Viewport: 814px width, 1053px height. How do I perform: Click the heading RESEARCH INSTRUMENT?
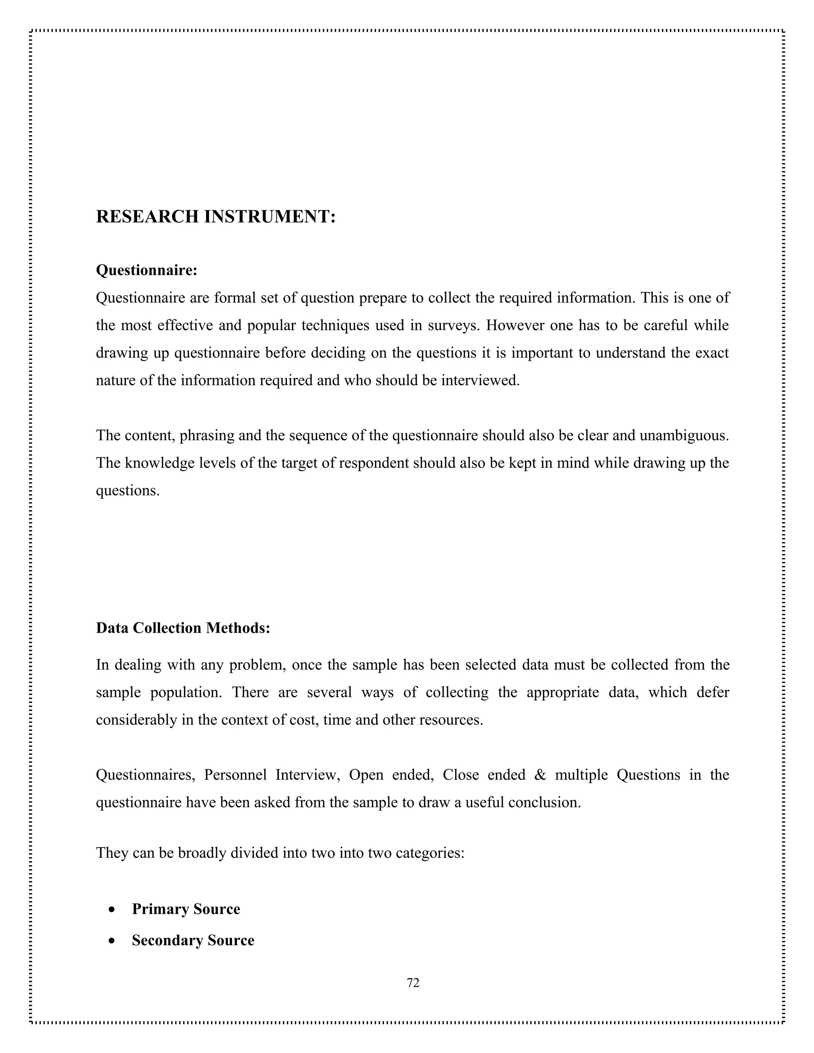(x=215, y=217)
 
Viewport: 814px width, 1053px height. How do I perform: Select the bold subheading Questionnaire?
(x=147, y=270)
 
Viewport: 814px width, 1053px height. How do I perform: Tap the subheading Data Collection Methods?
(x=183, y=628)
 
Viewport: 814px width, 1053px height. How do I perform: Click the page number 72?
(x=413, y=983)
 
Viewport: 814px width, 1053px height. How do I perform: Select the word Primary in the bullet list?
(x=160, y=909)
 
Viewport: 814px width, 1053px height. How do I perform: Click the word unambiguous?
(x=683, y=436)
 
